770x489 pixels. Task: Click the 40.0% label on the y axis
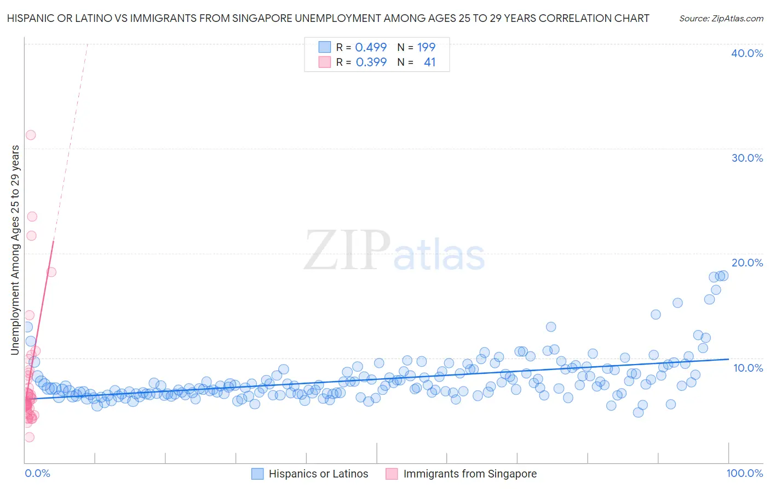click(746, 53)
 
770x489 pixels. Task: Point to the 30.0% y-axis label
click(746, 158)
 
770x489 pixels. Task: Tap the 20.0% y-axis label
click(746, 263)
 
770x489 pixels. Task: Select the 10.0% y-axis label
click(748, 368)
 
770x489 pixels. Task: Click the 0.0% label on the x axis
click(37, 473)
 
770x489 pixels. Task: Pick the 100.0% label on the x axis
click(744, 473)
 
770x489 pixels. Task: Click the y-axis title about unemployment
click(15, 250)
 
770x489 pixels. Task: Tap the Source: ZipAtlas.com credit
click(721, 19)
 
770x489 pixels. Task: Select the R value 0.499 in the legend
click(371, 47)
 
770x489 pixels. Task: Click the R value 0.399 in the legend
click(371, 62)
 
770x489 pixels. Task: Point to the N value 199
click(426, 47)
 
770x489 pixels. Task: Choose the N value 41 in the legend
click(429, 62)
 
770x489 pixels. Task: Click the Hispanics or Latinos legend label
click(318, 474)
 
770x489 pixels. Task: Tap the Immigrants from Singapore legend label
click(470, 474)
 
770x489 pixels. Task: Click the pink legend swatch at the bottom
click(392, 474)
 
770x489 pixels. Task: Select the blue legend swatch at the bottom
click(257, 474)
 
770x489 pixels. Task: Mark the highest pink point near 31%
click(31, 135)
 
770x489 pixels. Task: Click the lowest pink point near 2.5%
click(30, 437)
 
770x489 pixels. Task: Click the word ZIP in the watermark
click(347, 250)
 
